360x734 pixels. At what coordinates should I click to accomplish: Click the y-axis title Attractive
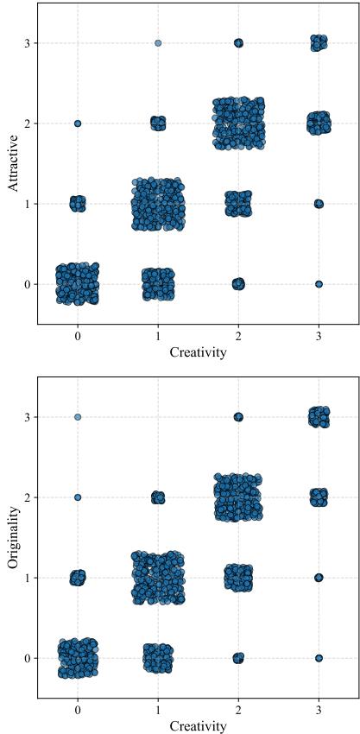click(x=13, y=163)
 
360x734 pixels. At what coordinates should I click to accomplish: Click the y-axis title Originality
click(x=13, y=537)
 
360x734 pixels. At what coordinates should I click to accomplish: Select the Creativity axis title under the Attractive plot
click(x=199, y=352)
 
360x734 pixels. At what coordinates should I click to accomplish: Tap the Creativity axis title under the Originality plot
click(x=199, y=726)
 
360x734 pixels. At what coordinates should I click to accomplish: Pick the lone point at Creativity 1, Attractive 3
click(x=158, y=42)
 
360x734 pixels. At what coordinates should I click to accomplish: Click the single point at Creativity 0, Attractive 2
click(x=78, y=123)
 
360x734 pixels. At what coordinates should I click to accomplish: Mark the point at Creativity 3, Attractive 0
click(x=319, y=284)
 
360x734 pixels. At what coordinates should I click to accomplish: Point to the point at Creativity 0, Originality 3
click(x=78, y=417)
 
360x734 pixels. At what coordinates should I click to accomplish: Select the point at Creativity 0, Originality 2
click(x=78, y=497)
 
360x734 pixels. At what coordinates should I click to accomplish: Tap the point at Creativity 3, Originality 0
click(x=319, y=658)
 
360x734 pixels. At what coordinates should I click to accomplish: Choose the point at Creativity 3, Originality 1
click(x=319, y=578)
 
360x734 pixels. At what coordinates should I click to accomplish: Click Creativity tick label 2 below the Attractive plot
click(x=238, y=335)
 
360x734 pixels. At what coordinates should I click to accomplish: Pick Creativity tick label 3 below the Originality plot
click(x=319, y=709)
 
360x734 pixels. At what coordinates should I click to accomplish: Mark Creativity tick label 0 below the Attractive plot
click(x=78, y=335)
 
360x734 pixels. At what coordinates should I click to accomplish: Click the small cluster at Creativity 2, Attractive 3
click(x=238, y=43)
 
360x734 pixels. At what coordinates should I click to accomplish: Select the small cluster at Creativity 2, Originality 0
click(x=238, y=658)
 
